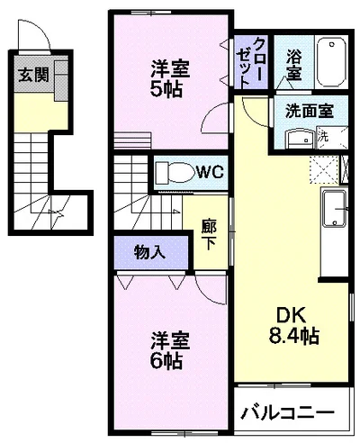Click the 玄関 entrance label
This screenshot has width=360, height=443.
tap(33, 75)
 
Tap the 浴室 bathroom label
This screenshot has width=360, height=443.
tap(293, 65)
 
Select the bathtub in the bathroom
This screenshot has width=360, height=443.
tap(331, 62)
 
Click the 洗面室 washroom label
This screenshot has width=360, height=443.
tap(310, 111)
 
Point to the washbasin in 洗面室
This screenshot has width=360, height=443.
tap(300, 139)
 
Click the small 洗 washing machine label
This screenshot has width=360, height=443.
tap(323, 137)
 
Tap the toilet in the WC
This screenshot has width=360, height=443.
tap(175, 172)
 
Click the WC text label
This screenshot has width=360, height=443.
tap(211, 172)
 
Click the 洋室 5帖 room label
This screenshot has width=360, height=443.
tap(169, 79)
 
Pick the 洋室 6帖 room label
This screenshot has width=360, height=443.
tap(169, 350)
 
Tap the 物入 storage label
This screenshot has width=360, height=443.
tap(149, 252)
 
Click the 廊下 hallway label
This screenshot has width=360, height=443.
tap(209, 235)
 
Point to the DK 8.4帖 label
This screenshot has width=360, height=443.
tap(293, 326)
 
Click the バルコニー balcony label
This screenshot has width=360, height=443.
tap(287, 413)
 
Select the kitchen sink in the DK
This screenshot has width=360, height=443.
tap(334, 209)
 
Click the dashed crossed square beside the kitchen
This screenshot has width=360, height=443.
tap(324, 169)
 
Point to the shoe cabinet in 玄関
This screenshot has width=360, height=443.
tap(61, 81)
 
